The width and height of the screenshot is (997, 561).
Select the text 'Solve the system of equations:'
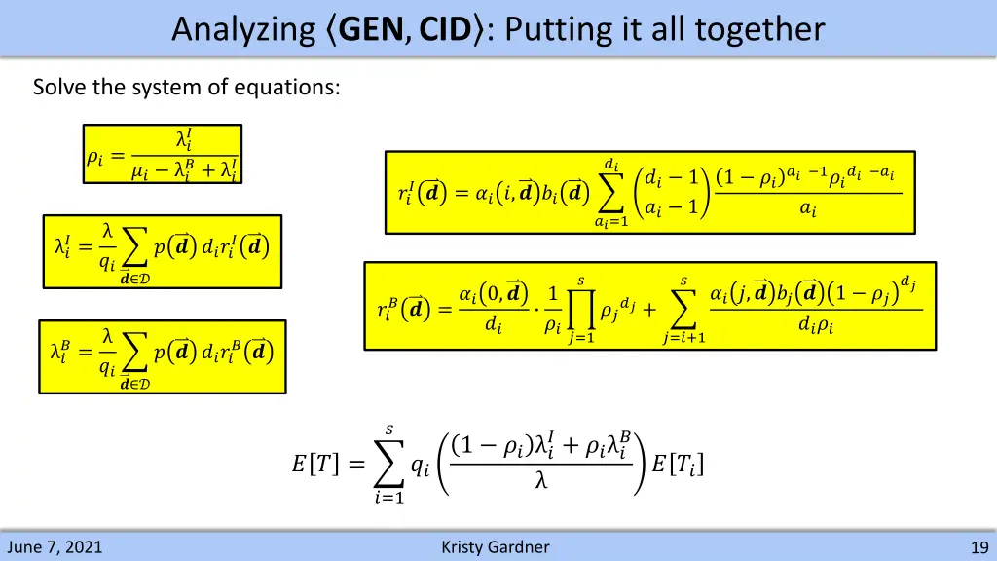pyautogui.click(x=187, y=88)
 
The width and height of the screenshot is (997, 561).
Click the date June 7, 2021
pyautogui.click(x=55, y=547)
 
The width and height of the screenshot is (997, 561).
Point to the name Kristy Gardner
pyautogui.click(x=495, y=547)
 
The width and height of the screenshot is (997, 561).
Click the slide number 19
pyautogui.click(x=979, y=547)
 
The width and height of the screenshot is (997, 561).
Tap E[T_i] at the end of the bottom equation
pyautogui.click(x=677, y=465)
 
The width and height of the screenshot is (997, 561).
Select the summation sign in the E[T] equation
pyautogui.click(x=389, y=466)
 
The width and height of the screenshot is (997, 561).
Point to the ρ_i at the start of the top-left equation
pyautogui.click(x=95, y=156)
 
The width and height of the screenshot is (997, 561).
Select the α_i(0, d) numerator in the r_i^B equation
pyautogui.click(x=494, y=293)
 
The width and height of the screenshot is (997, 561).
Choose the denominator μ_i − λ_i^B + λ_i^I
pyautogui.click(x=184, y=171)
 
